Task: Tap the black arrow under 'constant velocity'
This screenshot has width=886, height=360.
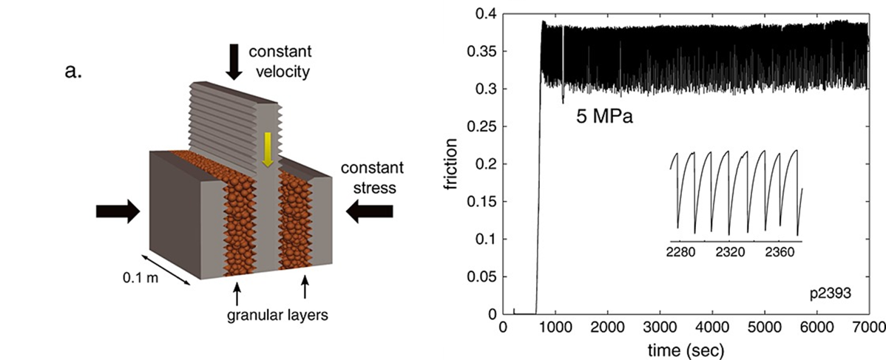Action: tap(234, 61)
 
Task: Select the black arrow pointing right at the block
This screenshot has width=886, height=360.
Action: tap(118, 212)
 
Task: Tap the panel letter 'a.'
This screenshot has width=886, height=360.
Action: tap(73, 73)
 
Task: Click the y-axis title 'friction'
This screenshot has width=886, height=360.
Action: tap(453, 163)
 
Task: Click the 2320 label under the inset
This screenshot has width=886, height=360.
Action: tap(730, 252)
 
